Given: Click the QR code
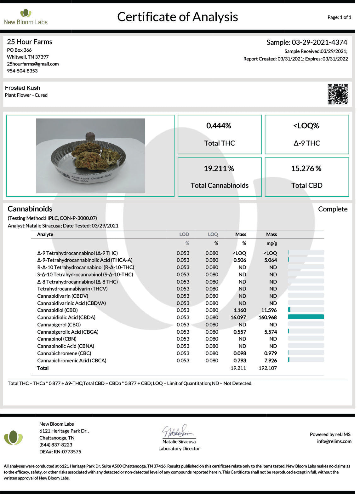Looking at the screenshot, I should coord(338,94).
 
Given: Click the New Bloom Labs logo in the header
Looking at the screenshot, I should coord(26,17).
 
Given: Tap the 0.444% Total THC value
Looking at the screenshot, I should coord(219,126).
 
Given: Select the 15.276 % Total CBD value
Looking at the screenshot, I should coord(306,169).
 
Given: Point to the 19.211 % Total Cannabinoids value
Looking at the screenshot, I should coord(219,169).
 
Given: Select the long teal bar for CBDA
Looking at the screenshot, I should coord(306,317).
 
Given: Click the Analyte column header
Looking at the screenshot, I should coord(45,234).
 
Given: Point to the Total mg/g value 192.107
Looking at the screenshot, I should coord(268,368).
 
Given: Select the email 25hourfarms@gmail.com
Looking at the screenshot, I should coord(33,64).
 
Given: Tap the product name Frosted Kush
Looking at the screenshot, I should coord(22,88).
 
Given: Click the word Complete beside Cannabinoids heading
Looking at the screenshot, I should coord(333,209).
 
